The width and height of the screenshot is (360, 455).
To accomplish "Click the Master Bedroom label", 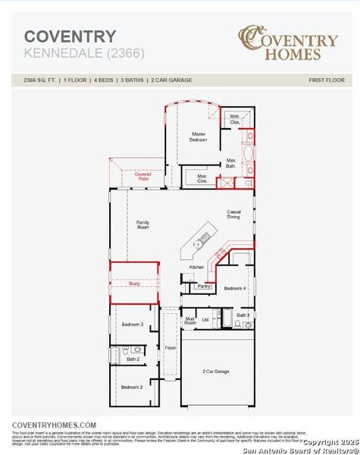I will coord(199,136).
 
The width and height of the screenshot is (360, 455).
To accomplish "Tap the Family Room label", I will coord(142,224).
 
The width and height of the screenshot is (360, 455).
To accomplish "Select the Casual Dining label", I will coord(233,215).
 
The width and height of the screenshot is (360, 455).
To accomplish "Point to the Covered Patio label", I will coord(143,177).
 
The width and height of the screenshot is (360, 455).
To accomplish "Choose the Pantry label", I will coord(203,286).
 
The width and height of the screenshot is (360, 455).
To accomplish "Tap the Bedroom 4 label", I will coord(235,288).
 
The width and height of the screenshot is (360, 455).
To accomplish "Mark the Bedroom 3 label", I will coord(133,325).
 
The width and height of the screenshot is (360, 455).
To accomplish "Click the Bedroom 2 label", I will coord(132,388).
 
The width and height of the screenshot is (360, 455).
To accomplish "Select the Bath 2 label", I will coord(133,359).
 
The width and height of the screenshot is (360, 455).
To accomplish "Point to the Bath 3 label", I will coord(243,315).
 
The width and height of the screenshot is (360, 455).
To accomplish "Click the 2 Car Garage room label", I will coord(216,372).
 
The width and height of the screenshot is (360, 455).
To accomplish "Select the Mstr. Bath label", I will coord(231,163).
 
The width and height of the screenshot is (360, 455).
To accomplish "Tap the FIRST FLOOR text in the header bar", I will coord(327,80).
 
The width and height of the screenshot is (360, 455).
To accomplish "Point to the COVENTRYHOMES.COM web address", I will coord(55,425).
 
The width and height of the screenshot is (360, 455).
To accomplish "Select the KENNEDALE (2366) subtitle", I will coord(76,53).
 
